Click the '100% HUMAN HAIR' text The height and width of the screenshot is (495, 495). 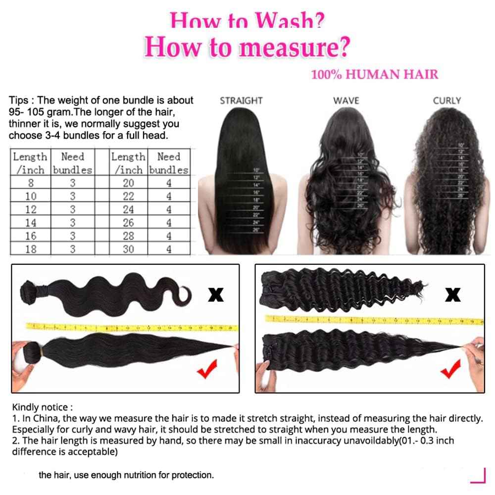[375, 75]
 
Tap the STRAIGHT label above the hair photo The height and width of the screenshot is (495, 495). [241, 100]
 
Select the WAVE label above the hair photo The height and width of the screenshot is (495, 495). [346, 100]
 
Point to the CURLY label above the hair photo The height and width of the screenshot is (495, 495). [446, 100]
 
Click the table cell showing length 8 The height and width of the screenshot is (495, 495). [31, 183]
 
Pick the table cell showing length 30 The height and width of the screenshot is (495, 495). [128, 249]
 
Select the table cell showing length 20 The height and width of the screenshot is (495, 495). [128, 183]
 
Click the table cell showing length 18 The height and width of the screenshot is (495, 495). [31, 249]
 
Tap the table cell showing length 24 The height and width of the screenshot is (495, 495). [128, 209]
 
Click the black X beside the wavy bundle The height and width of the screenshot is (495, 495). [215, 295]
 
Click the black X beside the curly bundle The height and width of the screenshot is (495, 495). [452, 295]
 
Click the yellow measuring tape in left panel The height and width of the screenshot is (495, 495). [131, 327]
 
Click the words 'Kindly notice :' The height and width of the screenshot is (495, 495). [42, 407]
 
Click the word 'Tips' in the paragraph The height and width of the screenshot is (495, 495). [18, 100]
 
